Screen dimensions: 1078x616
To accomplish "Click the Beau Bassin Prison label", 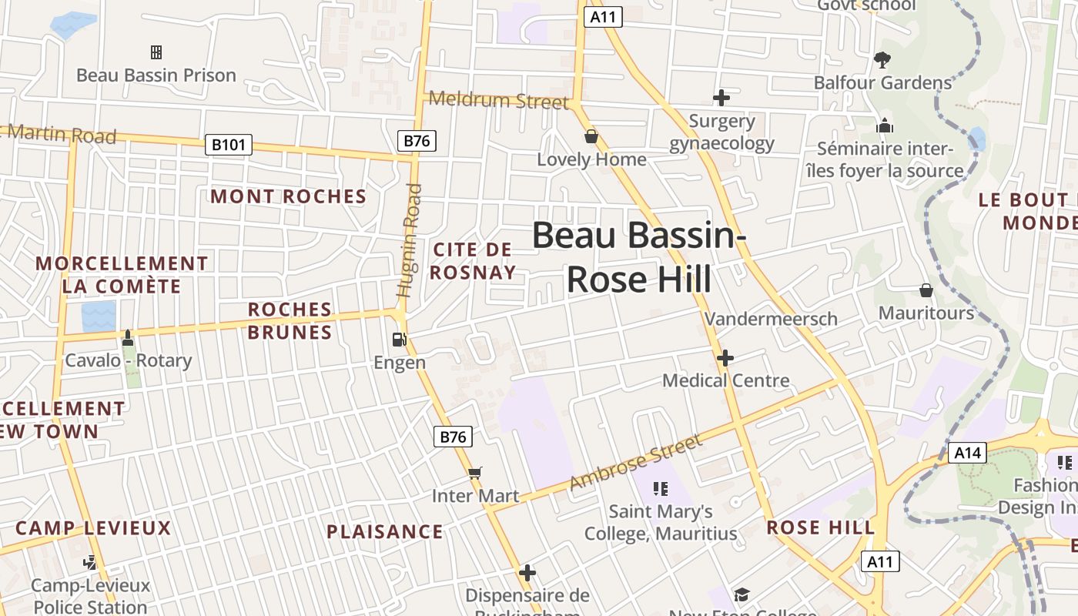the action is tap(156, 75).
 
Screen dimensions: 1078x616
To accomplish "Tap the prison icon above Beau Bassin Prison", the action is tap(156, 52).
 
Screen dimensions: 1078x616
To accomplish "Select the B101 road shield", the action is tap(229, 144).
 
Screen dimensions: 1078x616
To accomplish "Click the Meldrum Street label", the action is tap(499, 100).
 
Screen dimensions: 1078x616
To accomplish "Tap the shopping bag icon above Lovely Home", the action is tap(591, 136).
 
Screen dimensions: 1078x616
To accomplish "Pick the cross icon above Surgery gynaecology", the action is tap(721, 98).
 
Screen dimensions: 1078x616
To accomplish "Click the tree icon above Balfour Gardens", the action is tap(882, 59).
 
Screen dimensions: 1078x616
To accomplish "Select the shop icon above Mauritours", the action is tap(926, 290).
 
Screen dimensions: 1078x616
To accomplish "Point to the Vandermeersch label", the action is tap(771, 318).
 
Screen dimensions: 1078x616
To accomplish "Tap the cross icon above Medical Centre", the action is tap(725, 358).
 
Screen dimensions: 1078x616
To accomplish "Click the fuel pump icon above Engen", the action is tap(399, 339).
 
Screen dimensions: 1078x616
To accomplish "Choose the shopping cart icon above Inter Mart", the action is tap(475, 473).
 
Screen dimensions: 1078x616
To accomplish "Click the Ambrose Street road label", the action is tap(636, 462).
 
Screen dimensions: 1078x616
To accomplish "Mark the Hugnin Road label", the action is tap(410, 240).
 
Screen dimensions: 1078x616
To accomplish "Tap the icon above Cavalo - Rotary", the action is tap(128, 338).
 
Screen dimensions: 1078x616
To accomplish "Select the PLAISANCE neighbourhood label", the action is tap(385, 531).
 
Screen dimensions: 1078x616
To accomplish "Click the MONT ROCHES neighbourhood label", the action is tap(289, 196).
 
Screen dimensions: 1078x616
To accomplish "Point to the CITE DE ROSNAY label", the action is tap(473, 261).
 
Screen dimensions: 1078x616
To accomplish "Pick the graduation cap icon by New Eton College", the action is tap(742, 594).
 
